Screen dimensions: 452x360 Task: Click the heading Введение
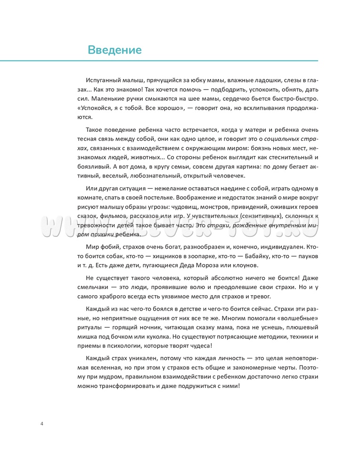[x=115, y=49]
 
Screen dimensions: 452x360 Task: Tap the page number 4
[x=42, y=424]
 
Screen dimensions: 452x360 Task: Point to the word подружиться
[x=191, y=386]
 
